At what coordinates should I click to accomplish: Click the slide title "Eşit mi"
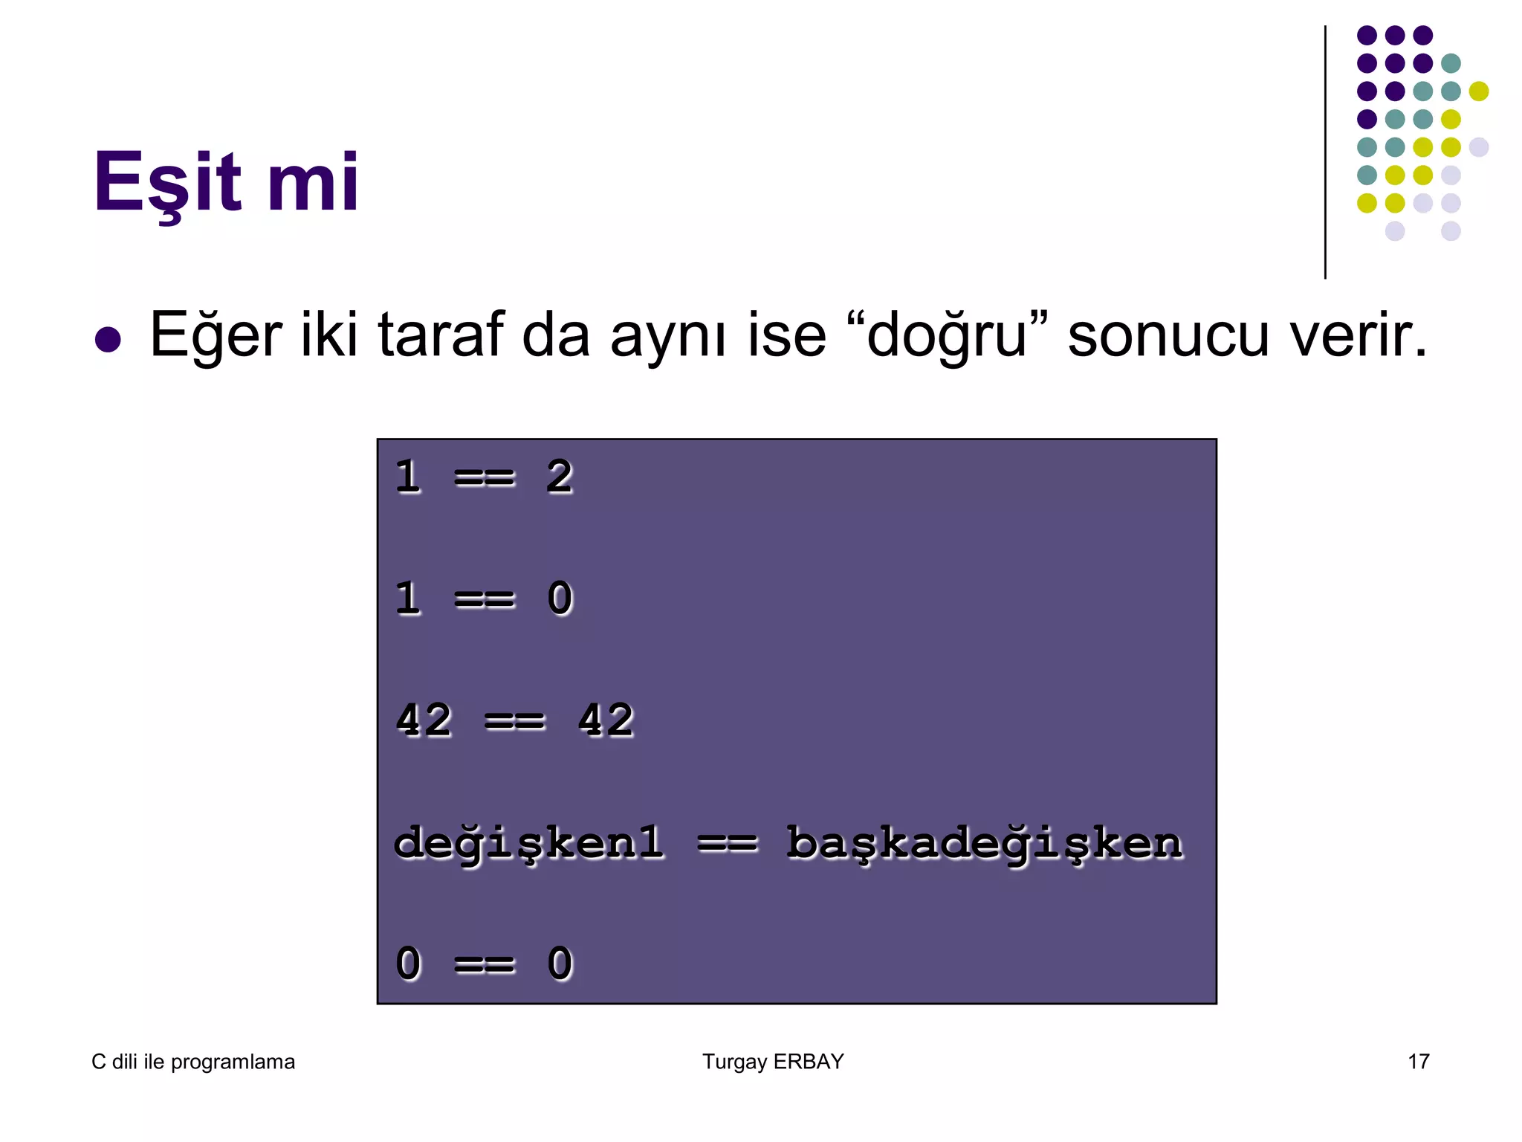point(226,182)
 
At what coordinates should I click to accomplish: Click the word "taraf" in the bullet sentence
point(441,335)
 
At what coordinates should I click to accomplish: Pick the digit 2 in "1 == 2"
point(559,477)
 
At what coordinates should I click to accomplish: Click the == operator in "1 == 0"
point(484,599)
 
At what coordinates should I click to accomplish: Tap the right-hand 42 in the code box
point(605,720)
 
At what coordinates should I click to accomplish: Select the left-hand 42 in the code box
point(423,720)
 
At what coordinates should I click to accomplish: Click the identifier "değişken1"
point(528,843)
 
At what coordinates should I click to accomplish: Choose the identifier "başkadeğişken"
point(984,843)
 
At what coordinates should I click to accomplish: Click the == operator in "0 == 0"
point(484,964)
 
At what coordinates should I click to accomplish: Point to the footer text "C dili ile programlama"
point(193,1062)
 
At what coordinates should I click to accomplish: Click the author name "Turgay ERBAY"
point(773,1062)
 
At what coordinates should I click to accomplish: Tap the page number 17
point(1418,1062)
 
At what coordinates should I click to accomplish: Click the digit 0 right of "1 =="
point(560,599)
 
